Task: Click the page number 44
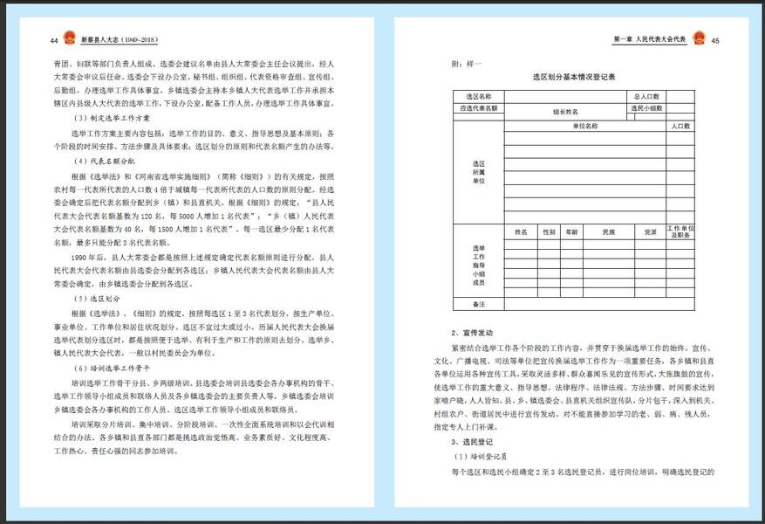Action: click(x=54, y=40)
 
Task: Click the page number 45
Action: click(x=715, y=40)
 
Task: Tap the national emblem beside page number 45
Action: click(x=699, y=39)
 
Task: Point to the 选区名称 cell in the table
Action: click(x=479, y=96)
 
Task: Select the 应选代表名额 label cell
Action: click(x=479, y=108)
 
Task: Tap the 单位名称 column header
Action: click(x=585, y=126)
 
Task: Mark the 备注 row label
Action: click(x=479, y=304)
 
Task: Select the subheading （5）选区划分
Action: click(x=99, y=299)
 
